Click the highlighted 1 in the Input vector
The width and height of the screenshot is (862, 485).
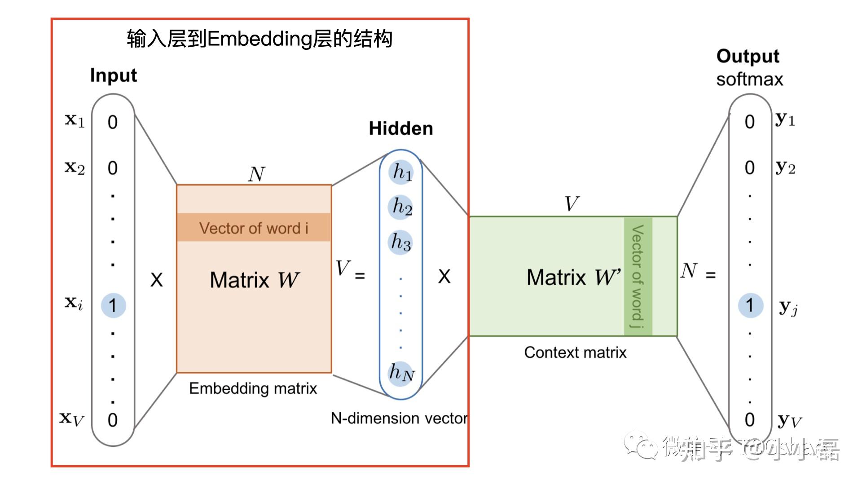tap(113, 305)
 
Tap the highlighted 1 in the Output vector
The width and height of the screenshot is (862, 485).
tap(750, 305)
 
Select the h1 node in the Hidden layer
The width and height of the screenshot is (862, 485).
tap(401, 172)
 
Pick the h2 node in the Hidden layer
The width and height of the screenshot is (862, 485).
tap(401, 207)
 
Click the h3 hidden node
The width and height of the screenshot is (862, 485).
tap(400, 242)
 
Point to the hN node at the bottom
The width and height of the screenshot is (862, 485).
tap(401, 373)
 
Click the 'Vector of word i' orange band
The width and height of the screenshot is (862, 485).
tap(254, 228)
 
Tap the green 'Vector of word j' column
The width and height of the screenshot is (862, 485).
tap(638, 276)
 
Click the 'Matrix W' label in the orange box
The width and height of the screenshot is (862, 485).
tap(254, 280)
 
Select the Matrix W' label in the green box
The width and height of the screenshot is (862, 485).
tap(573, 277)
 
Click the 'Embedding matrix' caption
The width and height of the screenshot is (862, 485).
tap(253, 388)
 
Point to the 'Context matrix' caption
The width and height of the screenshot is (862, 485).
tap(575, 353)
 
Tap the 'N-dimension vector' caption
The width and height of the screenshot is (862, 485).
tap(399, 418)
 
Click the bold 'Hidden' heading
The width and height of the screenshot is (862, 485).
tap(401, 128)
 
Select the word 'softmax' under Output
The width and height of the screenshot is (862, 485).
tap(749, 79)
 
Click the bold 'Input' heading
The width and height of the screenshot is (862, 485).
tap(113, 75)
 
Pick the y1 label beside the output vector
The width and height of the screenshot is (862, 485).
tap(785, 119)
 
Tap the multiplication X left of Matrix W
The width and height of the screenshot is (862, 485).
tap(156, 280)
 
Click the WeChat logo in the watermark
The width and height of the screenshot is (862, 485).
tap(641, 445)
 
